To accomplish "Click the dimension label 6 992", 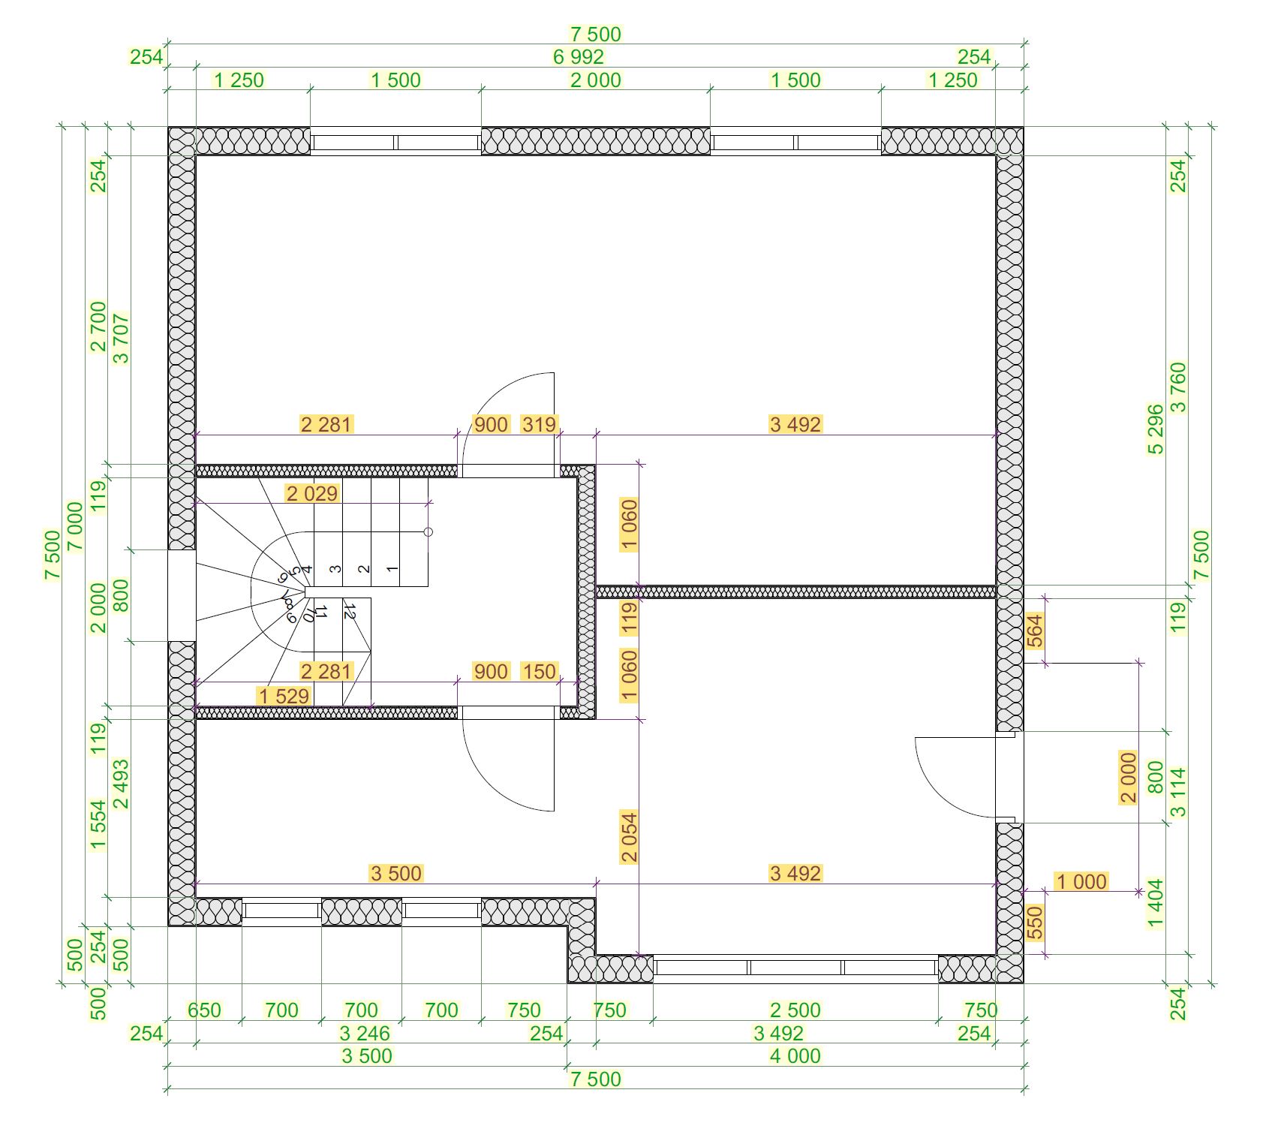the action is pos(578,57).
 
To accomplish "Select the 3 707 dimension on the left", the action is pos(121,339).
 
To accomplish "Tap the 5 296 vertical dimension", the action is pos(1156,429).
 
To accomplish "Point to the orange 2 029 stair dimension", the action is pos(312,493).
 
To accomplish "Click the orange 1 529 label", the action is pos(284,696).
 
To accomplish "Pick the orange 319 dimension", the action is pos(539,424).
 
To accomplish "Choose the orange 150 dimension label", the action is pos(539,671).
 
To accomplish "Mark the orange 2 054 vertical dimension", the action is pos(629,836).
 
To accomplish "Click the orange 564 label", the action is pos(1035,631).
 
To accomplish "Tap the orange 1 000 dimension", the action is pos(1081,881).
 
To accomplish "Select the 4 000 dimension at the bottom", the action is pos(795,1056).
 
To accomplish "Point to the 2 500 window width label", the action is pos(795,1010).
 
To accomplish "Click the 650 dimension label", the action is pos(204,1010).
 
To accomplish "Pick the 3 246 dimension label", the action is pos(365,1034).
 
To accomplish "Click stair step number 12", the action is pos(349,610).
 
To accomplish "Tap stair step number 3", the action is pos(335,568).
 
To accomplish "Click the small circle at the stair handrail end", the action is pos(429,532).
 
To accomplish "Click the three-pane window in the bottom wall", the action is pos(795,968).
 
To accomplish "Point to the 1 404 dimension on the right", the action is pos(1156,904).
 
